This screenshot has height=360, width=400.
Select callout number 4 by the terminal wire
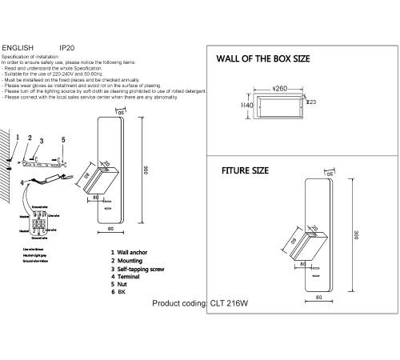22,182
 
